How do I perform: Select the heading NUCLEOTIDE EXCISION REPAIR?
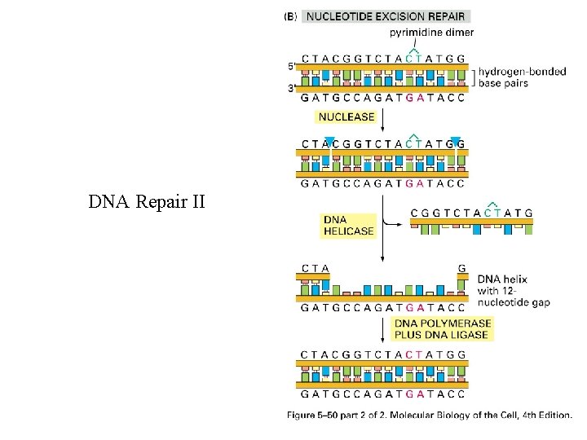386,15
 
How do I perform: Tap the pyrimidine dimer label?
431,32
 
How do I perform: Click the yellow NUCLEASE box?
346,117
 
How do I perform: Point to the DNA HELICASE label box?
349,225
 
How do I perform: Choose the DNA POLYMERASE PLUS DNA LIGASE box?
441,328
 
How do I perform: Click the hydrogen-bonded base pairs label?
522,77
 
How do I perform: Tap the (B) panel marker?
289,15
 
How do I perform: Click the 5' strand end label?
291,66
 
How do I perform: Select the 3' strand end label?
291,88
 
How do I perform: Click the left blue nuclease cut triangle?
329,141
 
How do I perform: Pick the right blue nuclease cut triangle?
455,141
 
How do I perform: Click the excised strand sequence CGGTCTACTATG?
472,213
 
